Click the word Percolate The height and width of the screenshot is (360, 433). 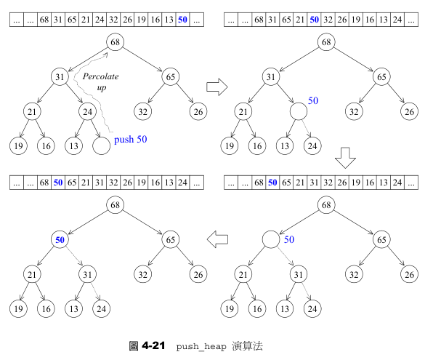[x=100, y=76]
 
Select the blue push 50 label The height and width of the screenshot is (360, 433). [x=131, y=139]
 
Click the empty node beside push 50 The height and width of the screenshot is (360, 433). [x=101, y=145]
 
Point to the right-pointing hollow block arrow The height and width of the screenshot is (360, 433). [x=217, y=87]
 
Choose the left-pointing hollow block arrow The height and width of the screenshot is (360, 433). [x=219, y=238]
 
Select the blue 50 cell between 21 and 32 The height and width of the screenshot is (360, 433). [x=314, y=20]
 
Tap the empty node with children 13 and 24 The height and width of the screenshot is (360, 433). [x=299, y=111]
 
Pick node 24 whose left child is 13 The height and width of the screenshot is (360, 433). [x=88, y=111]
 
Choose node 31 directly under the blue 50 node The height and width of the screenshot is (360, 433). [x=88, y=274]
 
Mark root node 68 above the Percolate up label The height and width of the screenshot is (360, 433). [x=116, y=43]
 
